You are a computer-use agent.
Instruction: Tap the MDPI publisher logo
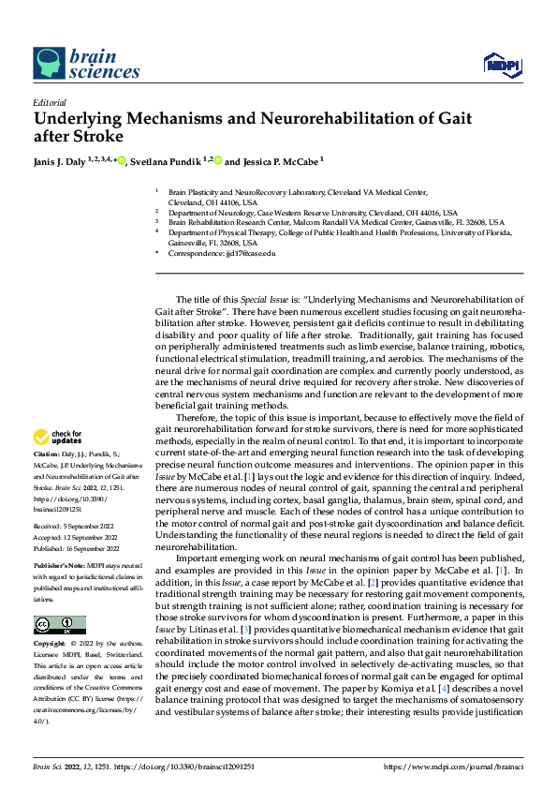[x=501, y=64]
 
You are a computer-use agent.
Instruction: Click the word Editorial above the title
[x=50, y=102]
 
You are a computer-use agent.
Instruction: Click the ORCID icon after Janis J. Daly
[x=122, y=161]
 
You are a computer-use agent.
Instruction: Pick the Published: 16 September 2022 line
[x=78, y=545]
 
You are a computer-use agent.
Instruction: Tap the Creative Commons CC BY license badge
[x=60, y=624]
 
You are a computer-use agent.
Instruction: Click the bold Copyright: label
[x=51, y=645]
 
